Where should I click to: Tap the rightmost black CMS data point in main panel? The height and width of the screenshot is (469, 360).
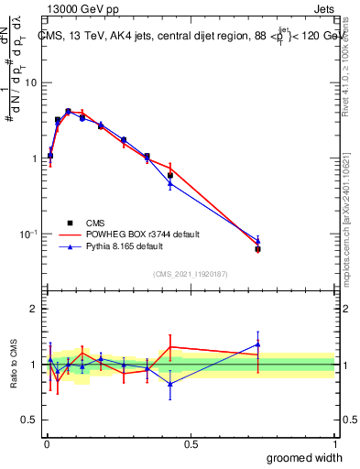coord(257,249)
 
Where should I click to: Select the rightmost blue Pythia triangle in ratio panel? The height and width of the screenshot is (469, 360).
coord(257,345)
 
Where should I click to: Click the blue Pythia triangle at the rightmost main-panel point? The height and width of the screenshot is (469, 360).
coord(257,241)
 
